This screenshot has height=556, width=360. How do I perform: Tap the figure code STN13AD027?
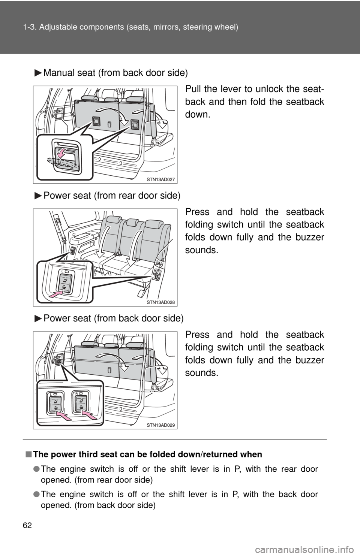pyautogui.click(x=160, y=180)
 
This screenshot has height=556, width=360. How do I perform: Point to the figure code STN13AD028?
pyautogui.click(x=160, y=302)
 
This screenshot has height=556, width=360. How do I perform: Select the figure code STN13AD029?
pyautogui.click(x=160, y=425)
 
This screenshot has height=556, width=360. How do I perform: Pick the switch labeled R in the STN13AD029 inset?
pyautogui.click(x=81, y=402)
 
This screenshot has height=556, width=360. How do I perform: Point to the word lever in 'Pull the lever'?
pyautogui.click(x=231, y=89)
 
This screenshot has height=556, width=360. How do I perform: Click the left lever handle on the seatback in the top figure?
pyautogui.click(x=96, y=121)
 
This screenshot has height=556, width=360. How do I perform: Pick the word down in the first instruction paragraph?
pyautogui.click(x=198, y=114)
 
